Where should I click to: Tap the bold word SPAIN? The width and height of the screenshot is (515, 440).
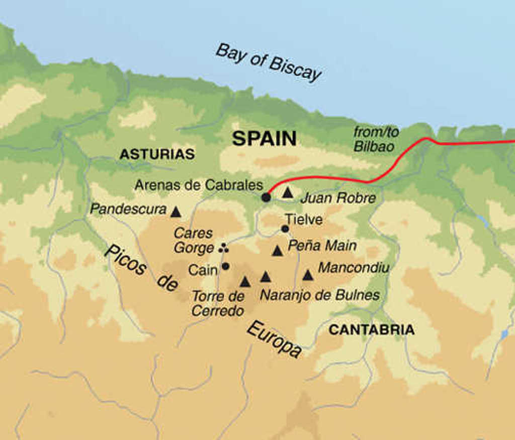(x=264, y=138)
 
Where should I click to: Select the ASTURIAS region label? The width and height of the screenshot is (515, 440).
(x=157, y=155)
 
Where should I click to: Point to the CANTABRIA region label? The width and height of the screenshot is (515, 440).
(x=372, y=330)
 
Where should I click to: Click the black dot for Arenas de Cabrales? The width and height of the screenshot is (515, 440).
(x=266, y=198)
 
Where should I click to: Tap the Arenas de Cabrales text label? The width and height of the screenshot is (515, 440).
(x=199, y=185)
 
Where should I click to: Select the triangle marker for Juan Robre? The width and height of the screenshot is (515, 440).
(x=287, y=192)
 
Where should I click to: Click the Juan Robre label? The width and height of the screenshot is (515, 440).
(x=338, y=198)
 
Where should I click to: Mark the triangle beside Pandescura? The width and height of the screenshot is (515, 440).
(x=176, y=212)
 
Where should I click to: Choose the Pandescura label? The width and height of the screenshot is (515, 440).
(x=128, y=209)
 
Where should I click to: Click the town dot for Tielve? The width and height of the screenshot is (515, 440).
(x=285, y=229)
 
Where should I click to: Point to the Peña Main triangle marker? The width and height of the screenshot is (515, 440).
(x=277, y=251)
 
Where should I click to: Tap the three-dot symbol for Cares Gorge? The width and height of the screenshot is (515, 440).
(x=224, y=247)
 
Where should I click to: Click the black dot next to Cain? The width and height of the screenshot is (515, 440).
(x=225, y=266)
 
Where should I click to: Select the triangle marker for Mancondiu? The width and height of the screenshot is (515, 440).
(x=308, y=275)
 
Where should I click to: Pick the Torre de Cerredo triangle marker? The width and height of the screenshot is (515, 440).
(x=245, y=282)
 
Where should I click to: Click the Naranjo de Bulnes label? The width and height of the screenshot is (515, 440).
(x=319, y=295)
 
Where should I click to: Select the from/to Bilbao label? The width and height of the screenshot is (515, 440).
(x=376, y=139)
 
